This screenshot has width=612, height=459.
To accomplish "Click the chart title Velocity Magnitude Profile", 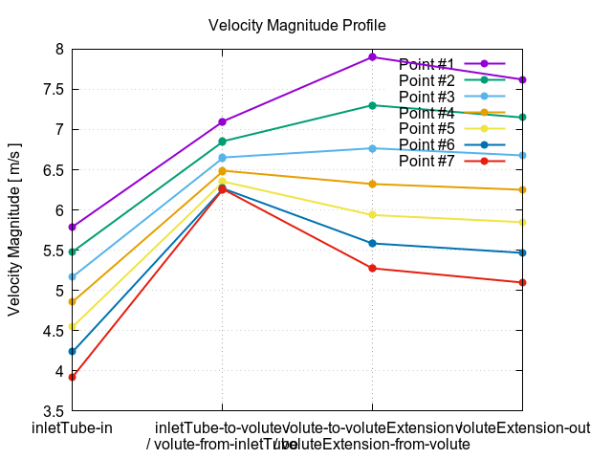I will coord(304,26).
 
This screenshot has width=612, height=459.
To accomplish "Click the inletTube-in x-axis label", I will coord(73,427).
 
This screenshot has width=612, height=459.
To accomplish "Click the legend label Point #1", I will coord(427,63).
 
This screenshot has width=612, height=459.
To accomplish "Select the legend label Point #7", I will coord(427,161).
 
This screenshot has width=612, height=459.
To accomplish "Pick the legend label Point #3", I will coord(427,96).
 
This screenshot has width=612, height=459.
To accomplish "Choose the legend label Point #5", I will coord(427,128).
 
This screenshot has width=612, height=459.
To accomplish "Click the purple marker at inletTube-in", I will coord(73,227).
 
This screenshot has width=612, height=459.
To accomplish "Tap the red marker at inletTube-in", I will coord(73,377).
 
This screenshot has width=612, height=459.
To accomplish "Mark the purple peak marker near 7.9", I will coord(372,57).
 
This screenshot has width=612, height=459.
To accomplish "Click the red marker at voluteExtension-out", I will coord(522,282).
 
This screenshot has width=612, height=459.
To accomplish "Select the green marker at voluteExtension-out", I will coord(522,118).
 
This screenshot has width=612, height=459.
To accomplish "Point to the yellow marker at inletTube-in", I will coord(73,327).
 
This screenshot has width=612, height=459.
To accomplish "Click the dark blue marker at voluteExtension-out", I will coord(522,252).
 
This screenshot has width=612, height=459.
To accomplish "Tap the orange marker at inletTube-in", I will coord(73,301).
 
